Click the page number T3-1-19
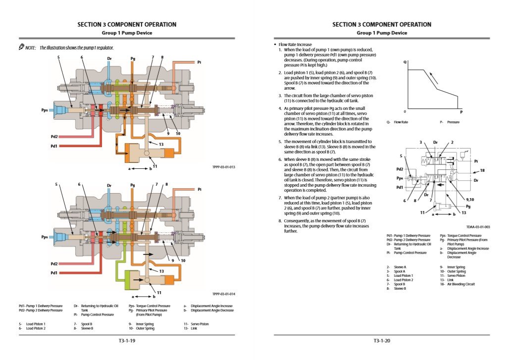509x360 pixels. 127,341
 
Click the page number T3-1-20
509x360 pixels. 382,341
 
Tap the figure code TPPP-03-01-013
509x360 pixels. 224,167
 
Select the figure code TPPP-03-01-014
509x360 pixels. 224,294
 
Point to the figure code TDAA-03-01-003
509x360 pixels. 478,227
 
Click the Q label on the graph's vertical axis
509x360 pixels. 405,62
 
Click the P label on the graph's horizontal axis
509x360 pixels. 461,112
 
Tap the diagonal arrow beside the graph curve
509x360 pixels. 434,78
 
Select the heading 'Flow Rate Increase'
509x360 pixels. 295,45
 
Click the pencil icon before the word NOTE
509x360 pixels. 21,47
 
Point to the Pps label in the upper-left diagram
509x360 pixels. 45,110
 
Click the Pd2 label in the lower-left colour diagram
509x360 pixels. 54,264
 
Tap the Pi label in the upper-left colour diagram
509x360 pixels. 199,62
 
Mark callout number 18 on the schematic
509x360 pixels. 482,170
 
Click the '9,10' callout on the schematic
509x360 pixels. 470,200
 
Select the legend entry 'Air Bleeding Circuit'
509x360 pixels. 461,284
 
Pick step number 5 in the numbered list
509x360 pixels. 280,142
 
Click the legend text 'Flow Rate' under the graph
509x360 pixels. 401,122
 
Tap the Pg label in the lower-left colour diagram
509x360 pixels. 132,185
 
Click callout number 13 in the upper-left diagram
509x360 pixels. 161,145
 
